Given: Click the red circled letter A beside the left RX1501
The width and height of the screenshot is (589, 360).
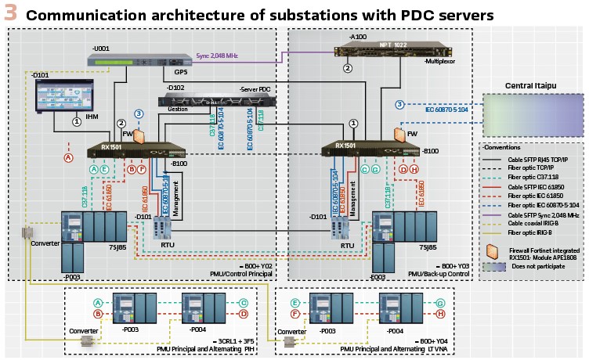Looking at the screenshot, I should (x=68, y=157).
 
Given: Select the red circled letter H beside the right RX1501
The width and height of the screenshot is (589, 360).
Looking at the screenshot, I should (x=414, y=169).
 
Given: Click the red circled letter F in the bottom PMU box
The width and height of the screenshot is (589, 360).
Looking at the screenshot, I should (x=295, y=314).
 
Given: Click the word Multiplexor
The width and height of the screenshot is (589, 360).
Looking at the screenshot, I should (x=440, y=60).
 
